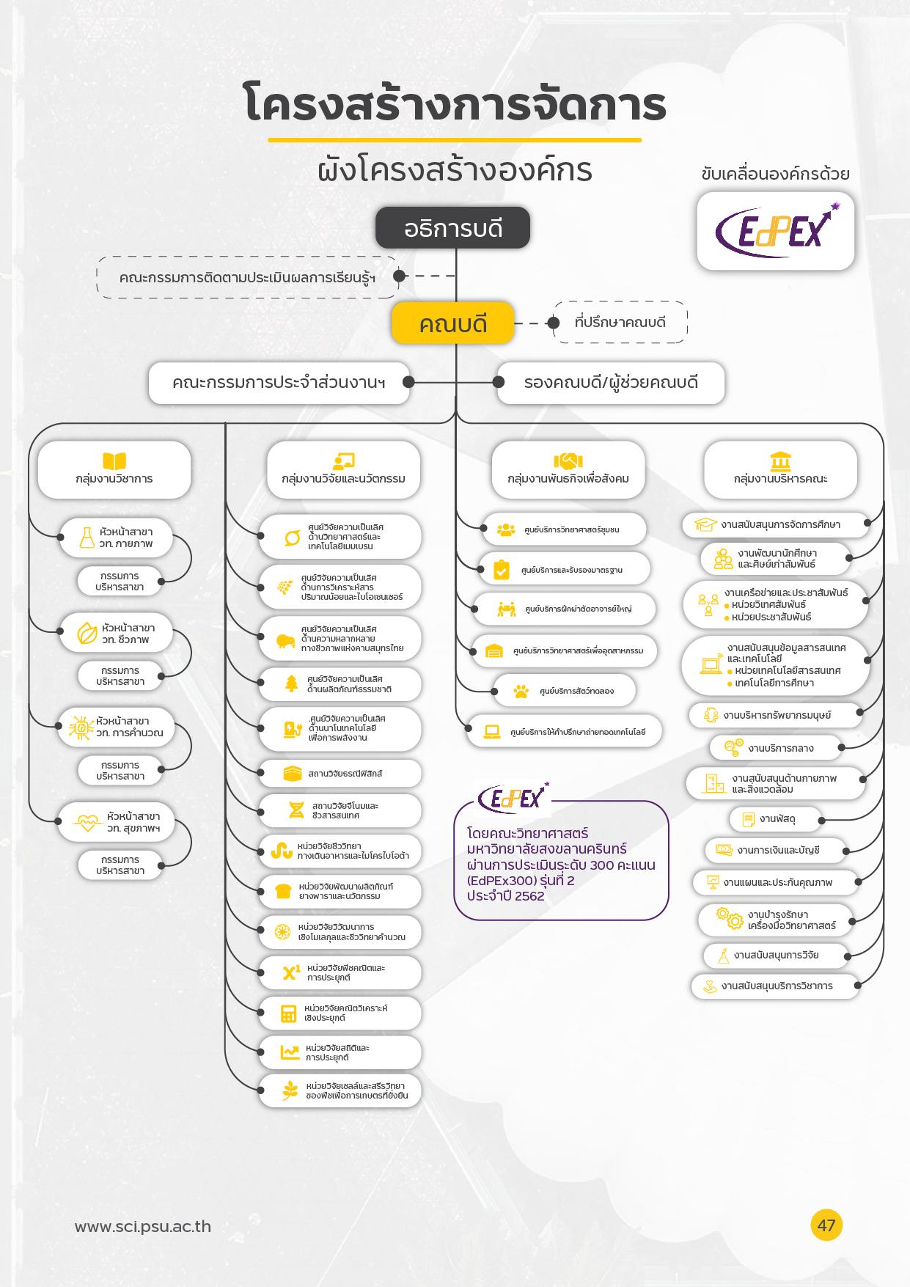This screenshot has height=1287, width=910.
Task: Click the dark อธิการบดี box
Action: tap(452, 228)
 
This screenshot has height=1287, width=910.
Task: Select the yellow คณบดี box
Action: tap(452, 323)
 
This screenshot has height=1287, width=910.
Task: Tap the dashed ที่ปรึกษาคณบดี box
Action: tap(620, 322)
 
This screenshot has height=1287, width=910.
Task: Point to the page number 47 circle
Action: tap(826, 1225)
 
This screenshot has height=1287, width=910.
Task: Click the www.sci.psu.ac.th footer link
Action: tap(143, 1226)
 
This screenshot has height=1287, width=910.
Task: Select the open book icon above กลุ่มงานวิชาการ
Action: tap(114, 461)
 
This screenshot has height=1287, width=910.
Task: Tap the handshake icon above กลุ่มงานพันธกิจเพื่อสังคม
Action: tap(568, 461)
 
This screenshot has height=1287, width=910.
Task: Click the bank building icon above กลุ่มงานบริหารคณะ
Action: tap(780, 461)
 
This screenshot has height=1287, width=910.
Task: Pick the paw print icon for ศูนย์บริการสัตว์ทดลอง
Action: tap(521, 691)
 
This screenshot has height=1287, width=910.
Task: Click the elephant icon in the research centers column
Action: tap(285, 641)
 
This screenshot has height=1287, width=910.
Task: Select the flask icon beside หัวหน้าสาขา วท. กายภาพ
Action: tap(87, 538)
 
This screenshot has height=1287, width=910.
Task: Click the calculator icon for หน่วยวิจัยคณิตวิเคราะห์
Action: tap(289, 1013)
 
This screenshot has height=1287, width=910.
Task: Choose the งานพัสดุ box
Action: tap(775, 819)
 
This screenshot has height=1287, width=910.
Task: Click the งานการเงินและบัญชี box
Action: tap(776, 850)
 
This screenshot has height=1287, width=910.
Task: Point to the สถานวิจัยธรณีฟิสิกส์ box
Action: tap(340, 773)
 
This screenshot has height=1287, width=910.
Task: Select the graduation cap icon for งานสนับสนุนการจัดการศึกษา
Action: tap(705, 524)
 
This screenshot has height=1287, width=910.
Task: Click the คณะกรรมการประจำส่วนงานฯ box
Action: tap(279, 382)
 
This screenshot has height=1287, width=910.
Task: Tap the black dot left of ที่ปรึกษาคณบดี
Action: tap(554, 323)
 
